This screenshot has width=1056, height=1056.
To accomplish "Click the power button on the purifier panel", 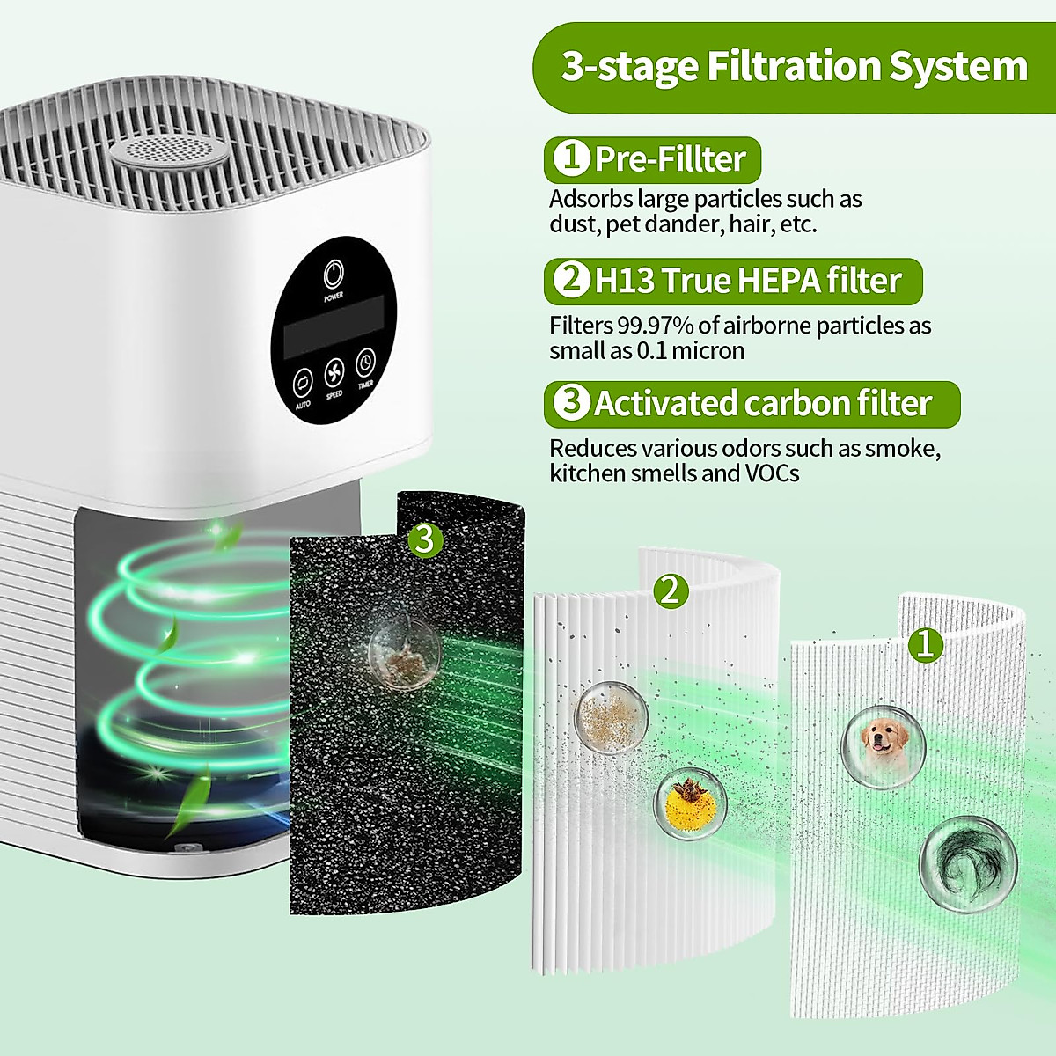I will [334, 275].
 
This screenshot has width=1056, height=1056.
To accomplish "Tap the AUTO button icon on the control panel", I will [302, 383].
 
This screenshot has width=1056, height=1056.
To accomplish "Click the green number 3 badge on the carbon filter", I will [425, 539].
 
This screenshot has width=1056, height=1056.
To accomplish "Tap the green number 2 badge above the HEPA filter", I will [671, 591].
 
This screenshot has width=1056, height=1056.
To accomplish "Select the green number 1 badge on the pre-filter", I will [925, 645].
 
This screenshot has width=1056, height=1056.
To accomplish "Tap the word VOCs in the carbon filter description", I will [772, 474].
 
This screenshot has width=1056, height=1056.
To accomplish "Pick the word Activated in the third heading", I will [666, 404].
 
